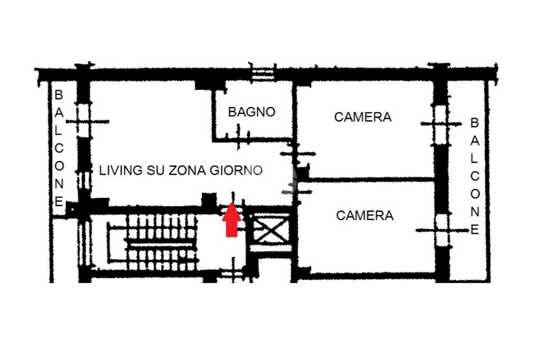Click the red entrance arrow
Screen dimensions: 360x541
pyautogui.click(x=231, y=222)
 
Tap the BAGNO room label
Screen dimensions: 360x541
pyautogui.click(x=251, y=112)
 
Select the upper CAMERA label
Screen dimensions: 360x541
pyautogui.click(x=363, y=117)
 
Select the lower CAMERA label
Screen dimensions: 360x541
pyautogui.click(x=365, y=215)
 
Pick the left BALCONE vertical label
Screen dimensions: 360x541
pyautogui.click(x=59, y=148)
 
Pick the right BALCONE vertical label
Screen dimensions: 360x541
pyautogui.click(x=474, y=176)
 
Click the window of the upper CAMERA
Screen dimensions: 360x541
pyautogui.click(x=441, y=124)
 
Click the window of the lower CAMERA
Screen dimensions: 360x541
pyautogui.click(x=442, y=230)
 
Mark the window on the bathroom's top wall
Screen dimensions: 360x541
pyautogui.click(x=263, y=73)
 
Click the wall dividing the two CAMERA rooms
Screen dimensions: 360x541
pyautogui.click(x=370, y=180)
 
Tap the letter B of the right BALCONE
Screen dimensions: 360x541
pyautogui.click(x=474, y=123)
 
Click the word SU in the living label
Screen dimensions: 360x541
pyautogui.click(x=156, y=170)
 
